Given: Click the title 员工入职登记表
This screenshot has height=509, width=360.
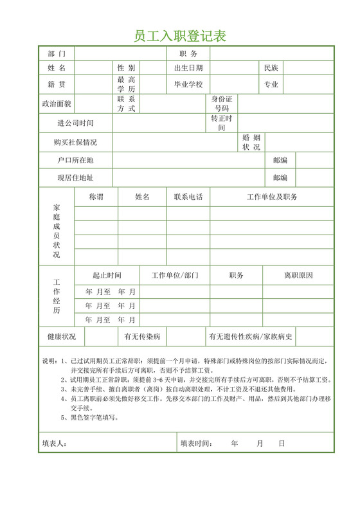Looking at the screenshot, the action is click(x=180, y=35).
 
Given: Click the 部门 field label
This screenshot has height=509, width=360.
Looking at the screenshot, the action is click(x=57, y=53).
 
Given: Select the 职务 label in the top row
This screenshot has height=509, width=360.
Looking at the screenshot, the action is click(x=188, y=53).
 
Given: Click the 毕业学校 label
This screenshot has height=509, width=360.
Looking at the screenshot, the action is click(x=188, y=84).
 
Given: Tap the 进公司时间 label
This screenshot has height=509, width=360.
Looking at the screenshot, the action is click(x=75, y=123).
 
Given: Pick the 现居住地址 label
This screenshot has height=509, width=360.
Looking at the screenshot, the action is click(x=75, y=177).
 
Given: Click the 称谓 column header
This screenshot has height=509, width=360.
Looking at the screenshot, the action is click(x=96, y=197).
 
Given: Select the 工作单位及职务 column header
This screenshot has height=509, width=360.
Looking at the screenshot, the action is click(x=272, y=197).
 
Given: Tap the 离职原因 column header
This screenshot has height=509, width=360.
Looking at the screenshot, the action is click(x=298, y=275).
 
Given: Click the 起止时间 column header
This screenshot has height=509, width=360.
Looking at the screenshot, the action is click(x=107, y=275).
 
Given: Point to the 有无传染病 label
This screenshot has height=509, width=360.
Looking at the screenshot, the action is click(x=143, y=336).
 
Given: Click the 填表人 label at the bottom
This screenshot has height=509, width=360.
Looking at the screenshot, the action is click(x=55, y=443).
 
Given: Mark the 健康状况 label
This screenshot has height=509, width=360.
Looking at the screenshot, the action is click(x=62, y=336).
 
